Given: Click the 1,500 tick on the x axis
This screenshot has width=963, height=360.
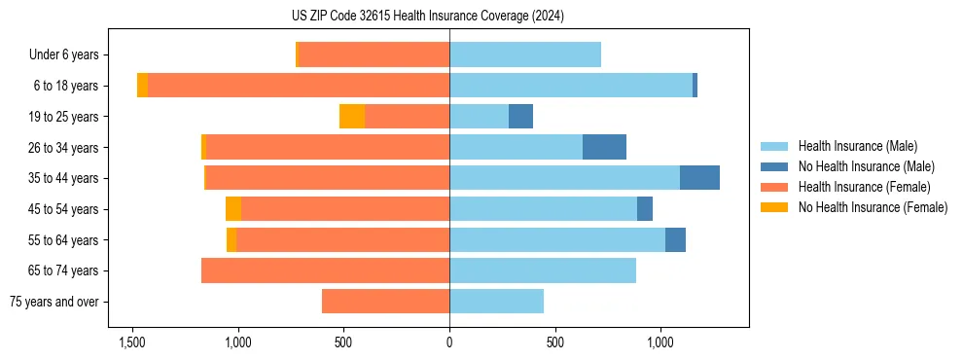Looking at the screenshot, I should click(x=132, y=343).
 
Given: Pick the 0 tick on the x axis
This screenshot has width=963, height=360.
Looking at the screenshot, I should click(x=449, y=343).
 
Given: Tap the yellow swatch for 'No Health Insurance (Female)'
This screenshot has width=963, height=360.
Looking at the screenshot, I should click(x=774, y=207).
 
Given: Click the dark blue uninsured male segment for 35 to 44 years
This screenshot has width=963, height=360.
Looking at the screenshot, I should click(x=699, y=178).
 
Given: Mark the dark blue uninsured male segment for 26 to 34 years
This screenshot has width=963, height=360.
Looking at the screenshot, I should click(x=604, y=147).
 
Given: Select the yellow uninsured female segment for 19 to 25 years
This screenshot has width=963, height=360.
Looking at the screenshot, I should click(x=352, y=117).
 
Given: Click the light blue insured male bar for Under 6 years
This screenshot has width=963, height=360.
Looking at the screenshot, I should click(x=525, y=55).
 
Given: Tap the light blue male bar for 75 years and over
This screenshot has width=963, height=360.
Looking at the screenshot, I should click(x=496, y=302).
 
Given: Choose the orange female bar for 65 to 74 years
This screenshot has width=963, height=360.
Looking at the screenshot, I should click(x=325, y=270).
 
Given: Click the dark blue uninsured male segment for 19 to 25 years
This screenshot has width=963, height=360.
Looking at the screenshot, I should click(x=520, y=117).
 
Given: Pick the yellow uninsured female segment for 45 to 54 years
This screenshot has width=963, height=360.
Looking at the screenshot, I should click(x=233, y=209).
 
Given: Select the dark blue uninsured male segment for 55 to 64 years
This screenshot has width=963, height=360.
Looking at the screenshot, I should click(x=675, y=239).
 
